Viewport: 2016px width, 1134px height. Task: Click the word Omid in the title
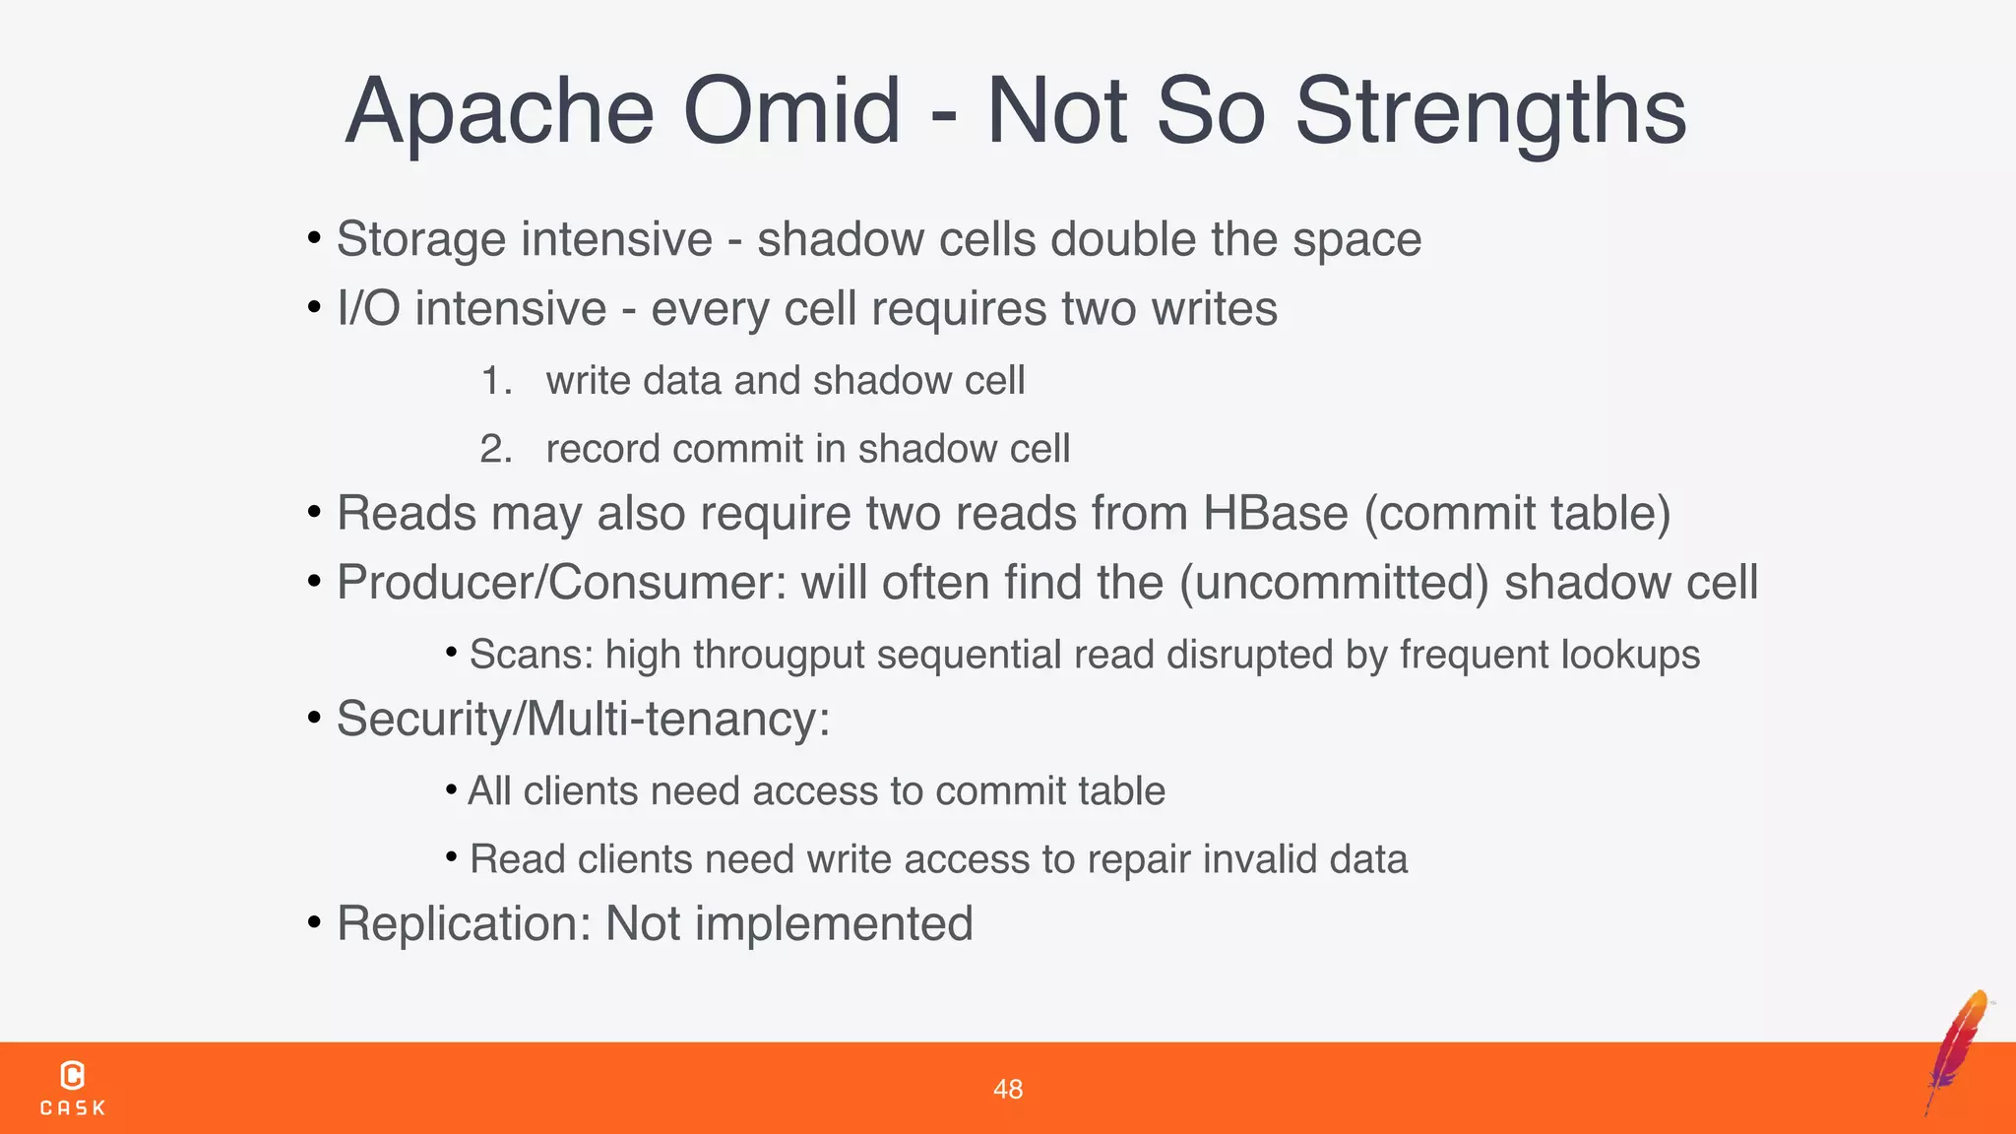[x=790, y=110]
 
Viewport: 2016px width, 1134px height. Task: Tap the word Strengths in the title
[x=1489, y=110]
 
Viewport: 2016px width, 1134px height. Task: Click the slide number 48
[x=1007, y=1089]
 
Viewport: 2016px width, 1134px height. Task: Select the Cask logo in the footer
[x=73, y=1088]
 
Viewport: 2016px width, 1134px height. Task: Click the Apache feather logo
[x=1959, y=1051]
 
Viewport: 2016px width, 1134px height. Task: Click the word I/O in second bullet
[x=368, y=308]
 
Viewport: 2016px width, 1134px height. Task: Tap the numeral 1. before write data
[x=496, y=381]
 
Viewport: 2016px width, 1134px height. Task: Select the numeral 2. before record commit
[x=496, y=449]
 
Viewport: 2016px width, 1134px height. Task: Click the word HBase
[x=1275, y=513]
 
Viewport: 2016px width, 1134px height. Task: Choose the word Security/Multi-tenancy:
[x=583, y=719]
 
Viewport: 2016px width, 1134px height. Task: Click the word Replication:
[x=464, y=923]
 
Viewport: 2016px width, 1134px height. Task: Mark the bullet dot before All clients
[x=451, y=789]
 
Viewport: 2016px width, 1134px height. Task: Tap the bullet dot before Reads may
[x=314, y=512]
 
